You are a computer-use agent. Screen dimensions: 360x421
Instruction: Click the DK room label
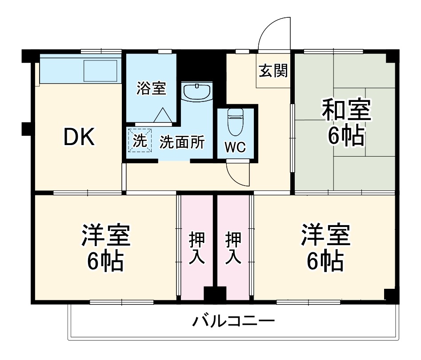79,138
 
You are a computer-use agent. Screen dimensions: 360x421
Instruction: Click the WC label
235,147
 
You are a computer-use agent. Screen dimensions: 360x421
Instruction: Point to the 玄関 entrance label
273,71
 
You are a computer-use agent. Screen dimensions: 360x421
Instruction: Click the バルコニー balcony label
233,321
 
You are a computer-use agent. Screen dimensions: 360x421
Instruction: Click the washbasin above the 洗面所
196,92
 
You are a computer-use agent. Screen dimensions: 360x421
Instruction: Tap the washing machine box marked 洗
139,141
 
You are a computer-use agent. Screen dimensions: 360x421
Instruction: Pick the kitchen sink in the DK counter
100,70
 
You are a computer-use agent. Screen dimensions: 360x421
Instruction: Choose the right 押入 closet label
233,248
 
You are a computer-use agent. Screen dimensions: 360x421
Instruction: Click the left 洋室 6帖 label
105,248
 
